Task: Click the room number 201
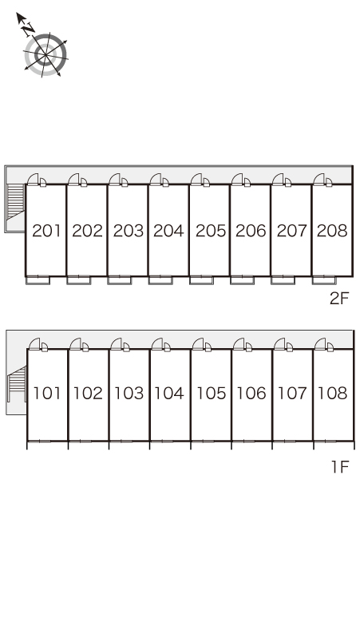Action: (x=47, y=231)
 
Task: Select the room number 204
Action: (x=168, y=231)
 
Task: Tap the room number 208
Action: (x=332, y=231)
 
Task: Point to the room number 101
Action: (x=47, y=393)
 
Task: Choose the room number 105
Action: (x=211, y=393)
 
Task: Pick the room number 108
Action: (x=332, y=393)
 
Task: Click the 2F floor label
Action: (x=339, y=299)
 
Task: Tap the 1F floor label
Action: (x=340, y=467)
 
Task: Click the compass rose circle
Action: (x=45, y=54)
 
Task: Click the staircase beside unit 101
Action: (x=17, y=384)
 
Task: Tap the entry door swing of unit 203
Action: (x=115, y=179)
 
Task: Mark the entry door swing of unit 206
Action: (x=237, y=179)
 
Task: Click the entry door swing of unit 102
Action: (x=75, y=343)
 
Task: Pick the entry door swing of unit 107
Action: (x=279, y=343)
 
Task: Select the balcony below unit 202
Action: (x=79, y=280)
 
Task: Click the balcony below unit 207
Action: (x=283, y=280)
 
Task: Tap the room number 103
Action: (x=129, y=393)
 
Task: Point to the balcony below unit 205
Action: (x=201, y=280)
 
